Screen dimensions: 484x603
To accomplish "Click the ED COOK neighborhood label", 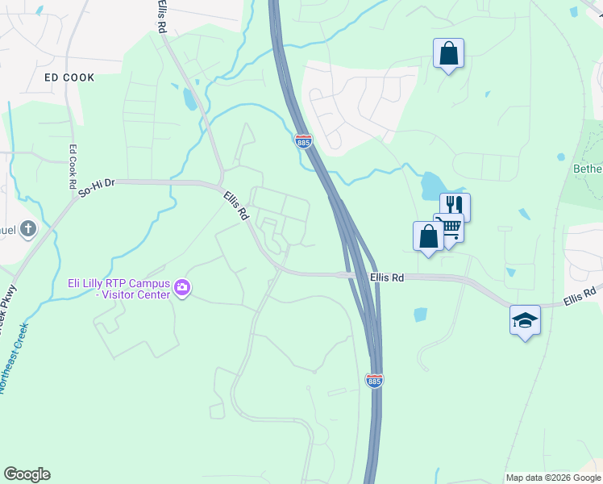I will tap(69, 77).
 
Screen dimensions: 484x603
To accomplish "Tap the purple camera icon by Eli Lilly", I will tap(182, 287).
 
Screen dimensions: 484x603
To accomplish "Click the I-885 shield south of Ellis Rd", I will tap(374, 380).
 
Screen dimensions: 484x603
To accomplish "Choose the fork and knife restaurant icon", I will tap(455, 206).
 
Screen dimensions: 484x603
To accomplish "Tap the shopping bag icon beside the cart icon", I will tap(428, 236).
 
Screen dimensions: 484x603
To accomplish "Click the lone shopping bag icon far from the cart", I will tap(448, 53).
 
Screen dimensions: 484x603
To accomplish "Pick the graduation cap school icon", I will tap(525, 320).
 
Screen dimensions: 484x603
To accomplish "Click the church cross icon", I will tap(28, 229).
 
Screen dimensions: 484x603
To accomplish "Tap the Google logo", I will tap(27, 474).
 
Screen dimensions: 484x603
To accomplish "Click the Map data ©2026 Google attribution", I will tap(553, 478).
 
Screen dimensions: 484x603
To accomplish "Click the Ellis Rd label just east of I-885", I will tap(386, 277).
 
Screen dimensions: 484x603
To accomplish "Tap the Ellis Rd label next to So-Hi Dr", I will tap(236, 207).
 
